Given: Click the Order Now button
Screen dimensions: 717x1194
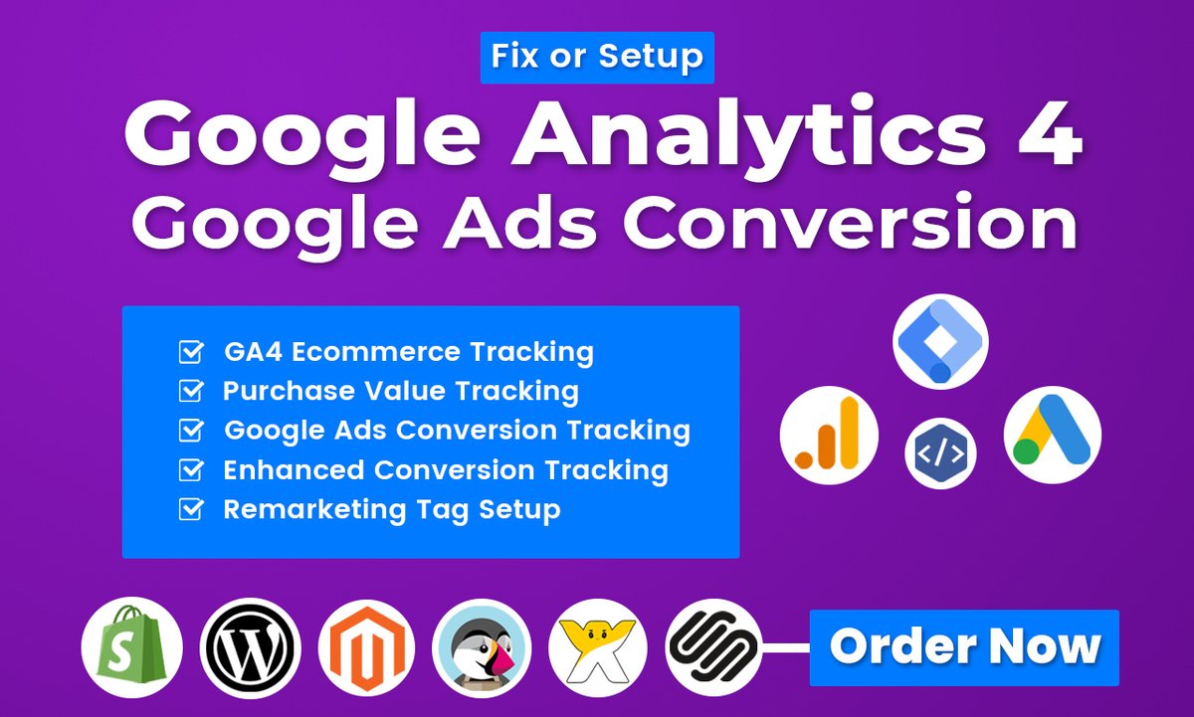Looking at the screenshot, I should point(964,647).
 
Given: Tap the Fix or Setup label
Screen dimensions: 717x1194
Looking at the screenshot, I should point(597,58).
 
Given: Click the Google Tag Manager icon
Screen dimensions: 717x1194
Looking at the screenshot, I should point(939,340).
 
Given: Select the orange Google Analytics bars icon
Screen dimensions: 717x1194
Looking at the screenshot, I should point(828,435).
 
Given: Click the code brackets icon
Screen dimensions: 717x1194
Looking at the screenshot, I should point(939,453).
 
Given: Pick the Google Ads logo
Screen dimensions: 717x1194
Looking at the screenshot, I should point(1052,435).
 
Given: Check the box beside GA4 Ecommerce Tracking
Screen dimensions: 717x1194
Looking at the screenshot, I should point(189,352).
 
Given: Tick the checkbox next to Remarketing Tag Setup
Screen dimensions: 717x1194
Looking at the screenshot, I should point(189,510).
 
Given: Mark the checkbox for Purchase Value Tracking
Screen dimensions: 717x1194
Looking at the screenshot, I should point(189,392).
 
